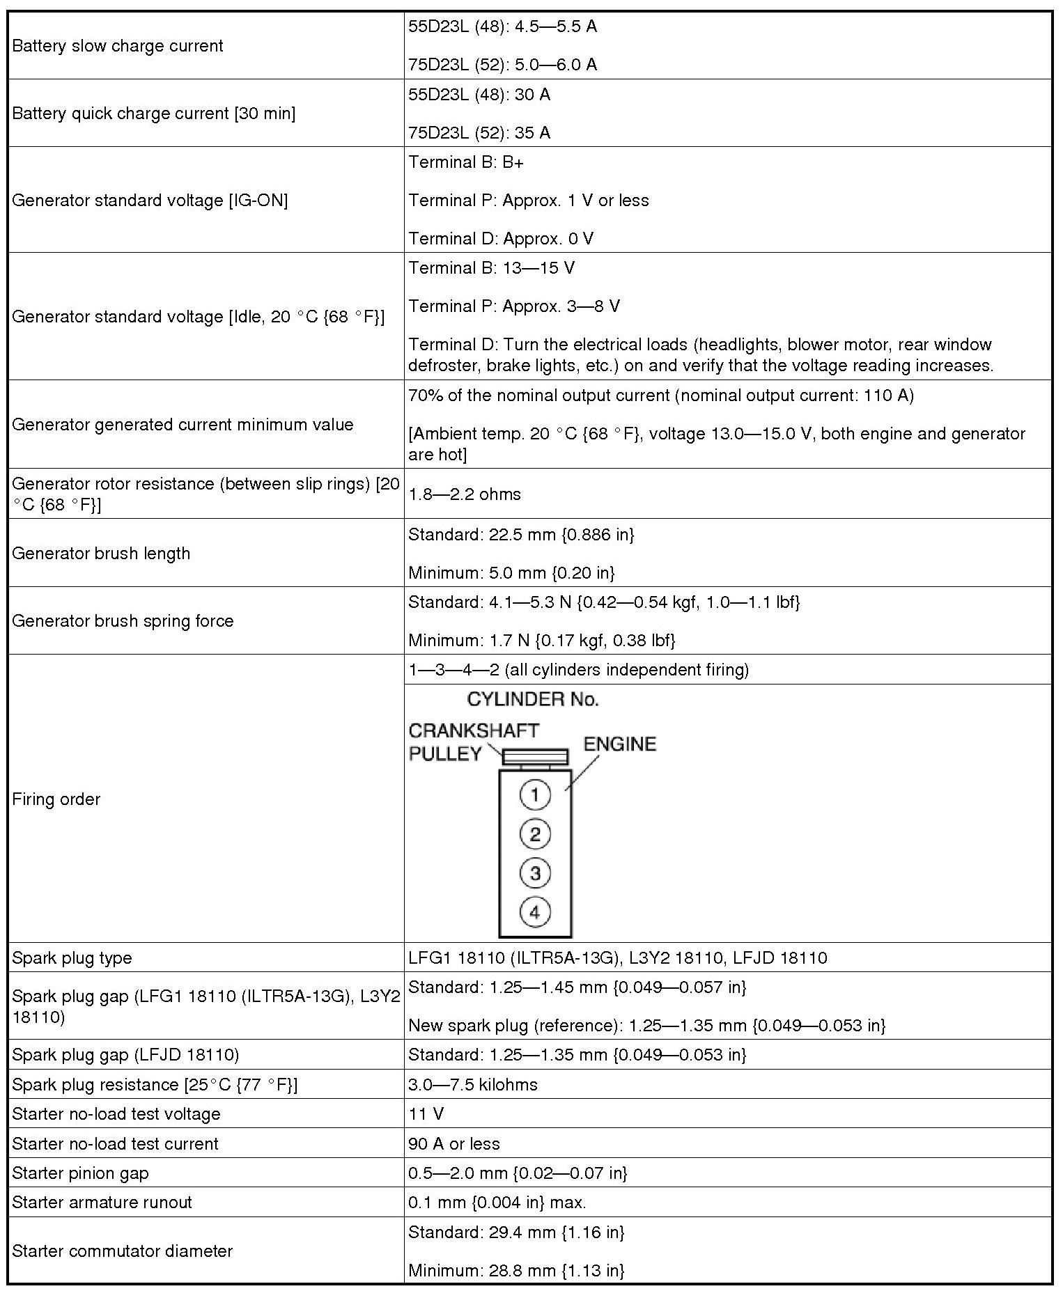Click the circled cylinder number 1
[535, 795]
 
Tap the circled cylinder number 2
[535, 834]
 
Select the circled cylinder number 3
[535, 873]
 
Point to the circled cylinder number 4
[535, 911]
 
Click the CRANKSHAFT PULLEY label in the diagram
[474, 742]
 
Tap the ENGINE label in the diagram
[620, 744]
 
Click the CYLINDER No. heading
[533, 699]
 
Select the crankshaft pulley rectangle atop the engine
[535, 757]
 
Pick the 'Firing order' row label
[56, 799]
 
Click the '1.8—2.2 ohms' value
[465, 494]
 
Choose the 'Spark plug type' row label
[72, 957]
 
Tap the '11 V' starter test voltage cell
[426, 1113]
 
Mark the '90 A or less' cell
[454, 1143]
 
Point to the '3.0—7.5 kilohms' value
[473, 1084]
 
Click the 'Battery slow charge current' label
[118, 46]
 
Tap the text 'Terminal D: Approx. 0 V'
[501, 238]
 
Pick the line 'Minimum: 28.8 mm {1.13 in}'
[516, 1270]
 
